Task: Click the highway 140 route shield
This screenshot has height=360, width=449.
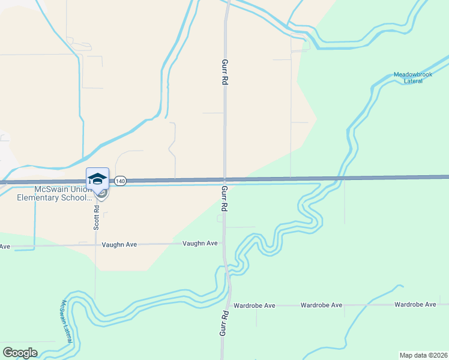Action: [x=121, y=181]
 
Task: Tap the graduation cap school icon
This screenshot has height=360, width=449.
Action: [x=97, y=179]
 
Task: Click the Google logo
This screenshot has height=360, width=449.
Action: [x=20, y=353]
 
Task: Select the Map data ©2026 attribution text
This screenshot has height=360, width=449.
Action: [x=423, y=355]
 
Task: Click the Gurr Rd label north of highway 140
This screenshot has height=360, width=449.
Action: [x=225, y=73]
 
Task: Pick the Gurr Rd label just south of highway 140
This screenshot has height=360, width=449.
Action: [x=224, y=199]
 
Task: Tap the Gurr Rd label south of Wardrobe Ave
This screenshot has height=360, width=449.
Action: [x=224, y=325]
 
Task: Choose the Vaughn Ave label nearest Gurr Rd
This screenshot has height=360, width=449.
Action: [x=200, y=243]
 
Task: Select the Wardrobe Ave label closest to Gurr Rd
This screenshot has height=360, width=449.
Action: [x=255, y=305]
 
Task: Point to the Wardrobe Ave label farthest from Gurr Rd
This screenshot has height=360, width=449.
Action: [x=415, y=305]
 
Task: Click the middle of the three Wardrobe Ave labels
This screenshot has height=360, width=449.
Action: [x=322, y=305]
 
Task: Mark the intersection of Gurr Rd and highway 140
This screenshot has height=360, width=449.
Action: [x=224, y=179]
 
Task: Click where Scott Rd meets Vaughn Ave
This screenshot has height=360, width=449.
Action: [x=95, y=245]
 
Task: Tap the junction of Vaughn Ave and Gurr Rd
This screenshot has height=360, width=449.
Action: [x=223, y=244]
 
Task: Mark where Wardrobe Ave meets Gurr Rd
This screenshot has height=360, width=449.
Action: [x=229, y=305]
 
